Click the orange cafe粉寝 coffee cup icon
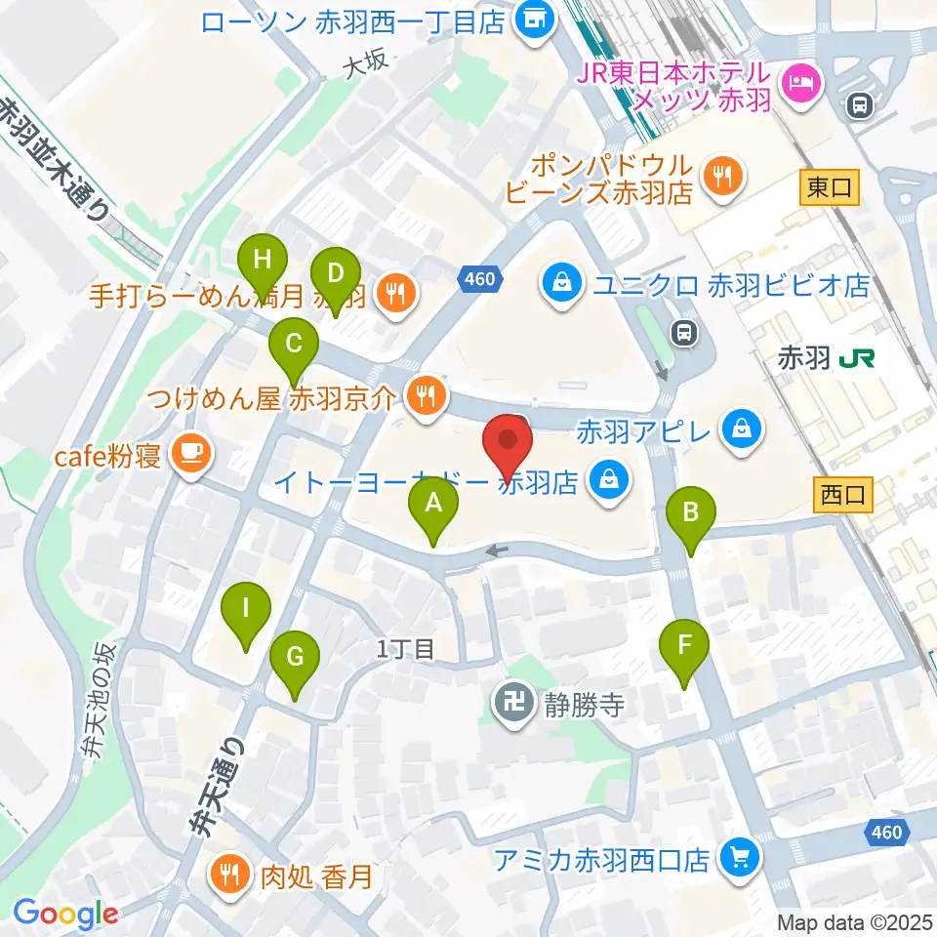(x=187, y=453)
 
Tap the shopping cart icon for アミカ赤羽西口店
(x=737, y=858)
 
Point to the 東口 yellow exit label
(x=829, y=188)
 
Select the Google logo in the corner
(x=66, y=914)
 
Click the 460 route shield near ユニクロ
(x=480, y=280)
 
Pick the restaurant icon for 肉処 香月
(x=230, y=871)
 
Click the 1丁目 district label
(x=403, y=649)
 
